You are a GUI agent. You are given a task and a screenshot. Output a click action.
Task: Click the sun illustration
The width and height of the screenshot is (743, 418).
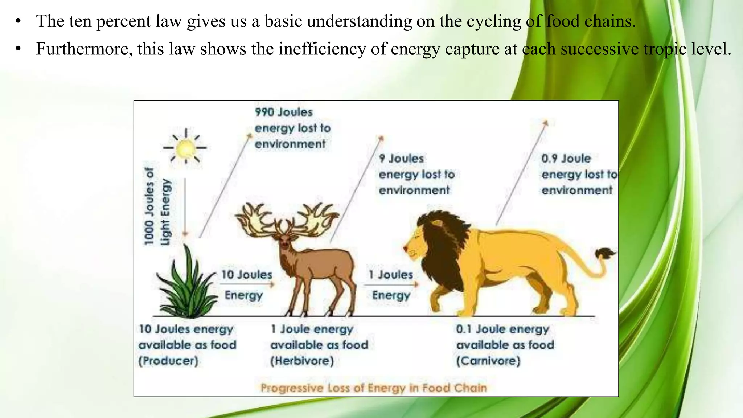[x=186, y=148]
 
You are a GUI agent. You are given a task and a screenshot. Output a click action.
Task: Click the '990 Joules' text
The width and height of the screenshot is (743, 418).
[x=284, y=112]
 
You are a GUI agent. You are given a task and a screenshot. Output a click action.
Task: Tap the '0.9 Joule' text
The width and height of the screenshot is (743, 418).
[x=566, y=159]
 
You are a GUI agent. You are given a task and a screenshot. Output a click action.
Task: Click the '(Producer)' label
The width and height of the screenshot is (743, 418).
[x=168, y=361]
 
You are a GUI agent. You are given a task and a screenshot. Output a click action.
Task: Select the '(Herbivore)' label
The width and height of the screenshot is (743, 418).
[x=302, y=361]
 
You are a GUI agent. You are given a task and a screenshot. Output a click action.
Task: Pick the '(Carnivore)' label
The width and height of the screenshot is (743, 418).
[x=488, y=361]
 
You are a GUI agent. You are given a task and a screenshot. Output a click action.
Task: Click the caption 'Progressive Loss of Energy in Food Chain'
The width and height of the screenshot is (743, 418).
[x=374, y=388]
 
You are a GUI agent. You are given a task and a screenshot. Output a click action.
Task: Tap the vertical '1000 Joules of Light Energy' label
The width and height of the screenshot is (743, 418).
[x=157, y=207]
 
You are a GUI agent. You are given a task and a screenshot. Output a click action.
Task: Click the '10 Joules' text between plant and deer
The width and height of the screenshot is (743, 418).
[x=247, y=275]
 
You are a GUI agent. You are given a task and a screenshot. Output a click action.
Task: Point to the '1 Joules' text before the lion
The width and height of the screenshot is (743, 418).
[x=391, y=275]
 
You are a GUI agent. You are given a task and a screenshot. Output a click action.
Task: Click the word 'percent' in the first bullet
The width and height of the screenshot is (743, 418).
[x=123, y=21]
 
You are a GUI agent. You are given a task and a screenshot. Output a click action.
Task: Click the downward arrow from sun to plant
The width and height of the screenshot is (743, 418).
[x=185, y=207]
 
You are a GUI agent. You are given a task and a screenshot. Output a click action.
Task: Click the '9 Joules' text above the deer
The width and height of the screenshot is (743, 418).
[x=401, y=159]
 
